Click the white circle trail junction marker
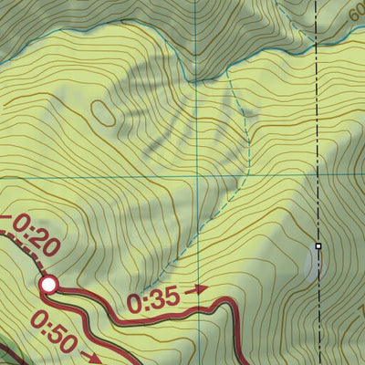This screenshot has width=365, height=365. (48, 285)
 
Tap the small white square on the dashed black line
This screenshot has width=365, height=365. (318, 245)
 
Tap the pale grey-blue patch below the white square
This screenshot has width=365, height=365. (312, 265)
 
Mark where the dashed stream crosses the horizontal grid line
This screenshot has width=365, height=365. (247, 174)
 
